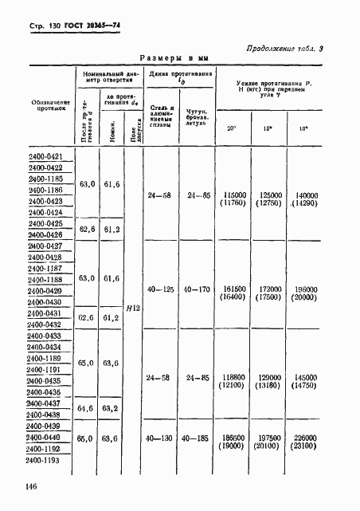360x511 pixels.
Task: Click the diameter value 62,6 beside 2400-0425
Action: tap(88, 230)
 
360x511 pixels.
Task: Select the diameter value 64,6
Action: tap(88, 409)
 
